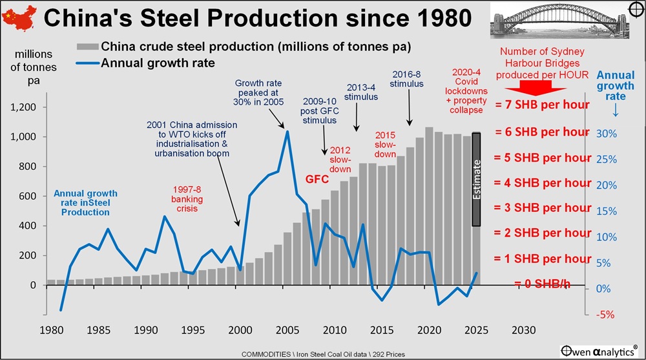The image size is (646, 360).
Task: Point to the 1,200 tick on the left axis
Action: pos(25,107)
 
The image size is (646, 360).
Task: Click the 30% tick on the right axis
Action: pos(606,133)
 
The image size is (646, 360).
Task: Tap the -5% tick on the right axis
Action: pos(605,315)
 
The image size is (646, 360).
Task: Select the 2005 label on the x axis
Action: pos(286,330)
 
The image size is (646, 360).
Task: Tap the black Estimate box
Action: pos(476,180)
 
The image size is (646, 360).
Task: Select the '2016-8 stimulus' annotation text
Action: pos(407,79)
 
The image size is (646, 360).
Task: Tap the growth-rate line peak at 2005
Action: pos(287,132)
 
